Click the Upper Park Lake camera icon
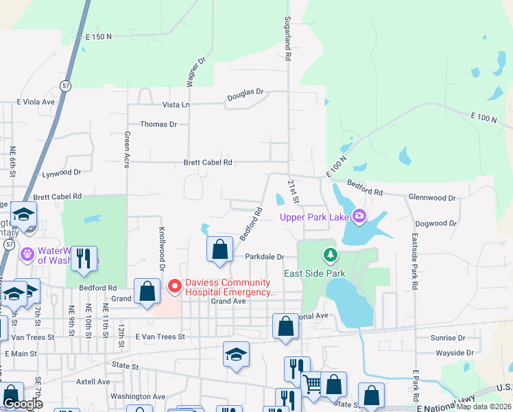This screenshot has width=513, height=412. pyautogui.click(x=359, y=217)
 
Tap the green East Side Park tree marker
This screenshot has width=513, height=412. pyautogui.click(x=331, y=255)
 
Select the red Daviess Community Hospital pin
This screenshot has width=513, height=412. pyautogui.click(x=174, y=285)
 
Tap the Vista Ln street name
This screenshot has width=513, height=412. pyautogui.click(x=176, y=104)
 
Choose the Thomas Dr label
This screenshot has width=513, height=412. pyautogui.click(x=158, y=124)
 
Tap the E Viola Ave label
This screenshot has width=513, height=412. pyautogui.click(x=35, y=102)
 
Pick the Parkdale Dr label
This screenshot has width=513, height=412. pyautogui.click(x=265, y=257)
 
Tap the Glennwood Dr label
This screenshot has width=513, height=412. pyautogui.click(x=432, y=198)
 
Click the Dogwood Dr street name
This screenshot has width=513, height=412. pyautogui.click(x=436, y=223)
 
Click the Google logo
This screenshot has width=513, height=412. pyautogui.click(x=23, y=404)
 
